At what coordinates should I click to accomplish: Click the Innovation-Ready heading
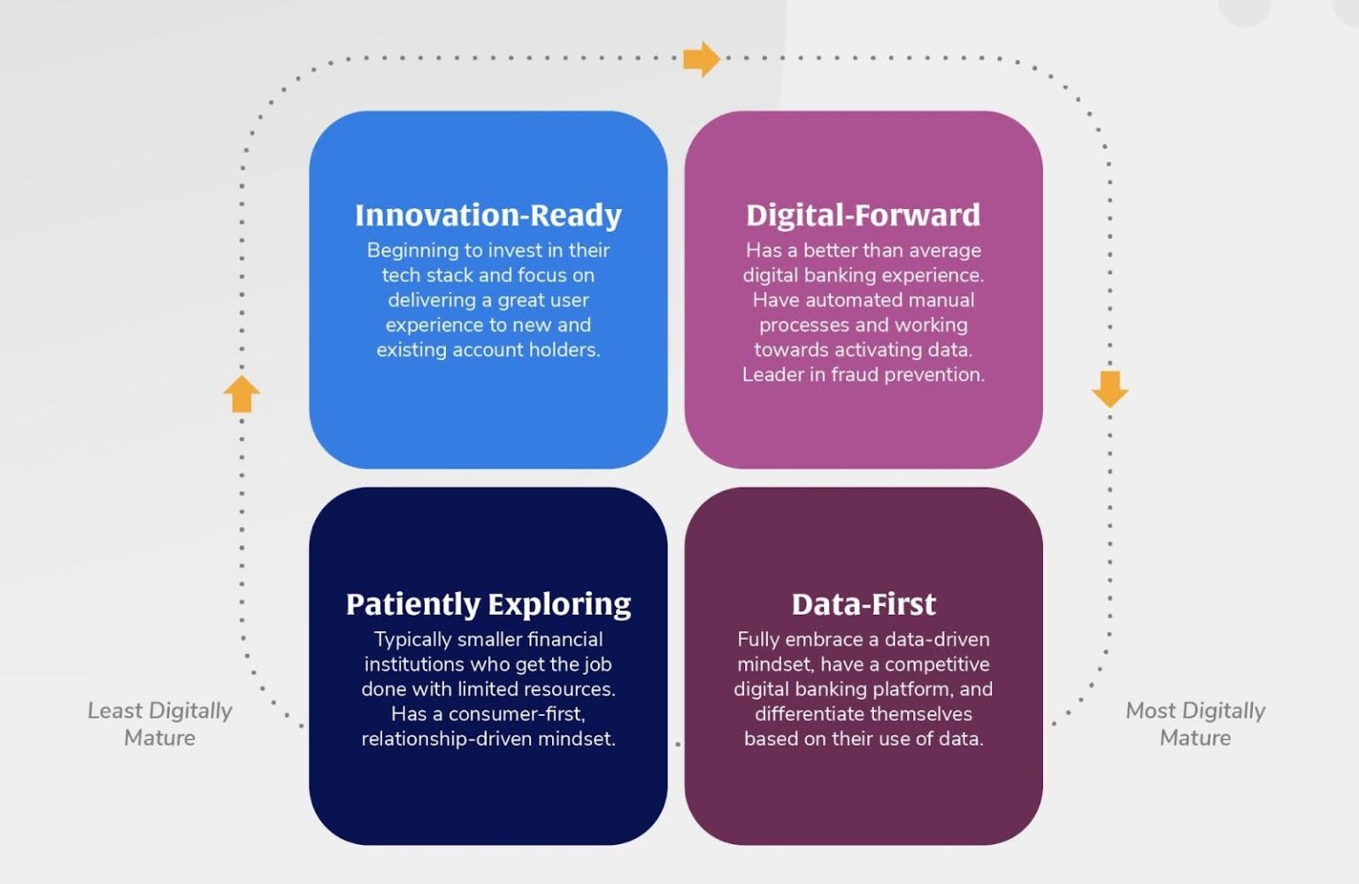pyautogui.click(x=488, y=215)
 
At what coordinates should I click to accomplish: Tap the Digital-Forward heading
pyautogui.click(x=863, y=215)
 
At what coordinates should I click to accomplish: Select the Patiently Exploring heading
pyautogui.click(x=488, y=603)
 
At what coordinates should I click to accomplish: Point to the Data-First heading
pyautogui.click(x=863, y=603)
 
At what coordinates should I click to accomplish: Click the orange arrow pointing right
pyautogui.click(x=702, y=59)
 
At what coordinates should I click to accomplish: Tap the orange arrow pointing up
pyautogui.click(x=242, y=394)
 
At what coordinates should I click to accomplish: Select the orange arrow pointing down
pyautogui.click(x=1109, y=388)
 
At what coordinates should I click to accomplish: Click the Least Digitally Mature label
pyautogui.click(x=159, y=724)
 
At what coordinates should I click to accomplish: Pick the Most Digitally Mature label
pyautogui.click(x=1194, y=724)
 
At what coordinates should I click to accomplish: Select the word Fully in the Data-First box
pyautogui.click(x=758, y=640)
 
